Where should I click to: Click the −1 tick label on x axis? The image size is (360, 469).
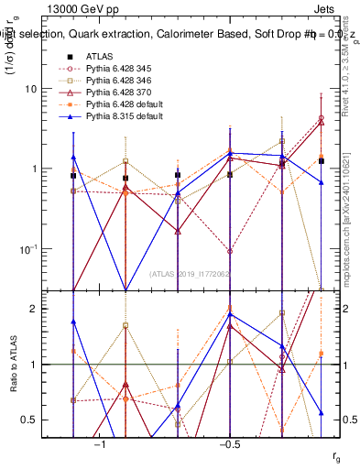tap(101, 444)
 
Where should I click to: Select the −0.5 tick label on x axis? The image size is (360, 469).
tap(229, 444)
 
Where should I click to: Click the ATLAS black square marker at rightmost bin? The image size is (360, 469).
tap(322, 161)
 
